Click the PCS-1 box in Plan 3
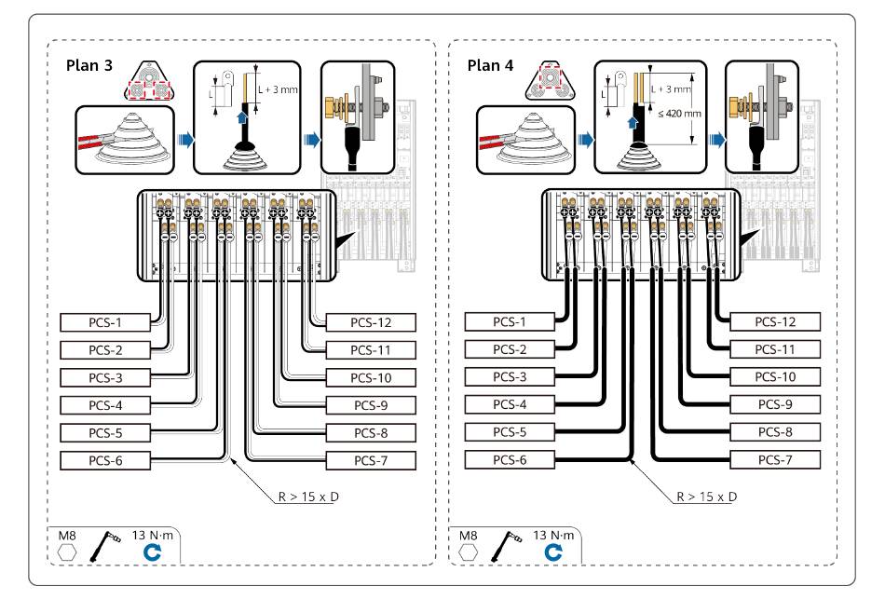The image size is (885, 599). [105, 322]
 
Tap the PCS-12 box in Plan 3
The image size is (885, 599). [370, 322]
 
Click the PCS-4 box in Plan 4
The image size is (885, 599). [510, 404]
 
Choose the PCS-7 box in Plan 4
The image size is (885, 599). [774, 459]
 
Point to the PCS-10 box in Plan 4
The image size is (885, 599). [774, 377]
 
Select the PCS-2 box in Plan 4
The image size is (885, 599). [510, 349]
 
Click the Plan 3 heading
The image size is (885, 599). [91, 67]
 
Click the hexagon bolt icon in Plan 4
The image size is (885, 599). [470, 551]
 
